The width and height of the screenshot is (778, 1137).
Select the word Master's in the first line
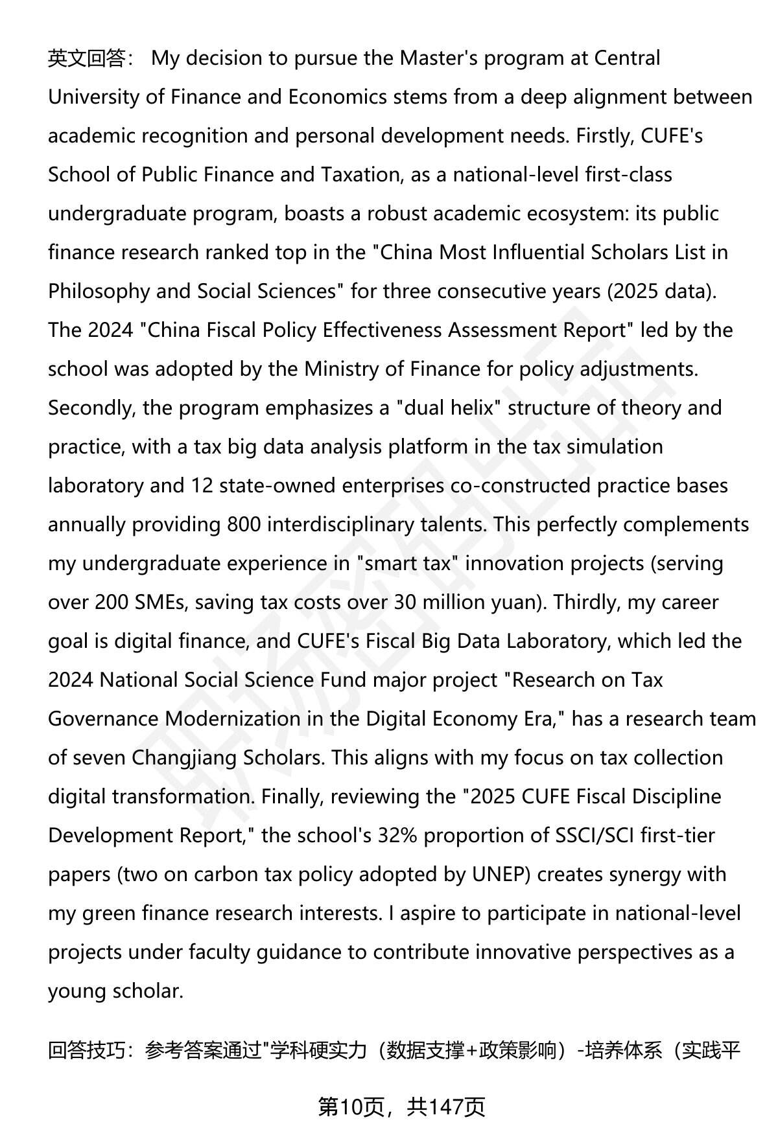pyautogui.click(x=438, y=58)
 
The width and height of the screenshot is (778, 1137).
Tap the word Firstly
pyautogui.click(x=605, y=136)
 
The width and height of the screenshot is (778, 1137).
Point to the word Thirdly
pyautogui.click(x=585, y=603)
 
